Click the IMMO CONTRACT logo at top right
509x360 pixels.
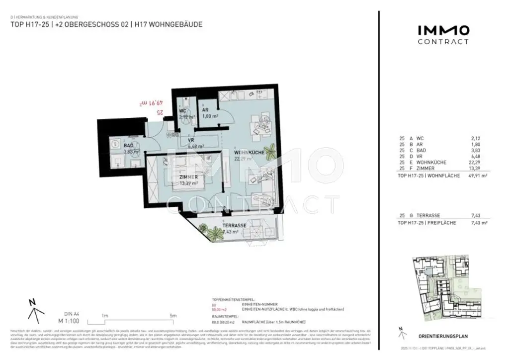click(442, 35)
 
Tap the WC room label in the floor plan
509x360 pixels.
click(183, 110)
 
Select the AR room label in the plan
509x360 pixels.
click(205, 110)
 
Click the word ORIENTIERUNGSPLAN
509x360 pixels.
click(443, 336)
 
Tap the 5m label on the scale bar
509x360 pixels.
click(173, 315)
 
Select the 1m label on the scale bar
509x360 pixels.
click(105, 315)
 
